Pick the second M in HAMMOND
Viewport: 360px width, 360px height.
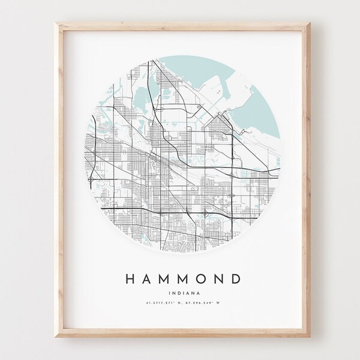point(187,279)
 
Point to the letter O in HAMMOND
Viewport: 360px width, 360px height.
point(206,279)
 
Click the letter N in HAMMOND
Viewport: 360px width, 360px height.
point(223,279)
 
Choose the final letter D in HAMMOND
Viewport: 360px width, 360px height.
point(239,279)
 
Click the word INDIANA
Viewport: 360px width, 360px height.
point(185,294)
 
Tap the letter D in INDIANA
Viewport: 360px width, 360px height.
point(180,294)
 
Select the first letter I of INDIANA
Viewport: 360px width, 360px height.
point(172,294)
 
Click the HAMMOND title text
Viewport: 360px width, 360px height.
point(185,279)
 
